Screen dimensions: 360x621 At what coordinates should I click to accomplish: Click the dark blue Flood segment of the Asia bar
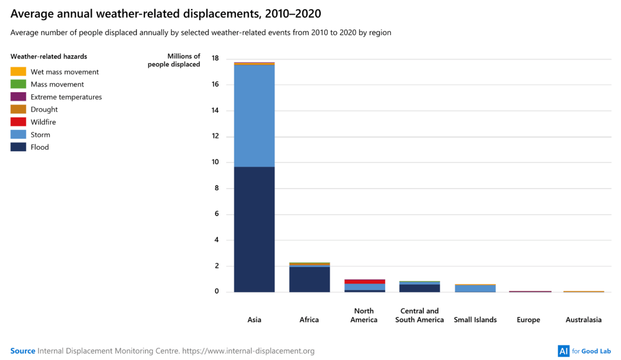click(x=254, y=229)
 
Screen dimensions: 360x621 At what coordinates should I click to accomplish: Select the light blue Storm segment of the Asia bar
click(x=254, y=115)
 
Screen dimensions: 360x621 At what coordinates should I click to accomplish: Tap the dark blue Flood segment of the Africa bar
click(x=309, y=279)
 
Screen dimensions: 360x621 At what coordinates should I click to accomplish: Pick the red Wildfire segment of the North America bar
click(x=365, y=281)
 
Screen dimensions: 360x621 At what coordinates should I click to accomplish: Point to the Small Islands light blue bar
click(x=475, y=289)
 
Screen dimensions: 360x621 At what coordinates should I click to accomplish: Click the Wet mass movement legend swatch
click(x=18, y=72)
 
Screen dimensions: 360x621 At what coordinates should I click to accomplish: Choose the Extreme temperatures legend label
click(x=66, y=97)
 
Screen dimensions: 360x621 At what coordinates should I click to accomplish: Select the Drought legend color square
click(x=18, y=109)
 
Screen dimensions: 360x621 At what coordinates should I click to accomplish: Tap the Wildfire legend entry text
click(x=43, y=122)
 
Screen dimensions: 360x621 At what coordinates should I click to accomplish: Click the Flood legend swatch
click(x=18, y=147)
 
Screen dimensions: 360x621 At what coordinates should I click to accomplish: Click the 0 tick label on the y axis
click(x=216, y=292)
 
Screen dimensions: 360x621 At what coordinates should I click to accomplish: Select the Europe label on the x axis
click(x=528, y=320)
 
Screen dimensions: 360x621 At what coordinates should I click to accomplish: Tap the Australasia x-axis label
click(x=584, y=320)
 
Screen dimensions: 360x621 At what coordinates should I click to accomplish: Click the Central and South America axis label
click(x=419, y=315)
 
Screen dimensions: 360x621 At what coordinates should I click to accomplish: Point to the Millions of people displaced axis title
click(x=174, y=61)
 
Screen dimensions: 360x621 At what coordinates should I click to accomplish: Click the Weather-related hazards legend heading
click(x=49, y=56)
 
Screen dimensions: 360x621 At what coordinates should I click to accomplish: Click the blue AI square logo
click(x=563, y=351)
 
